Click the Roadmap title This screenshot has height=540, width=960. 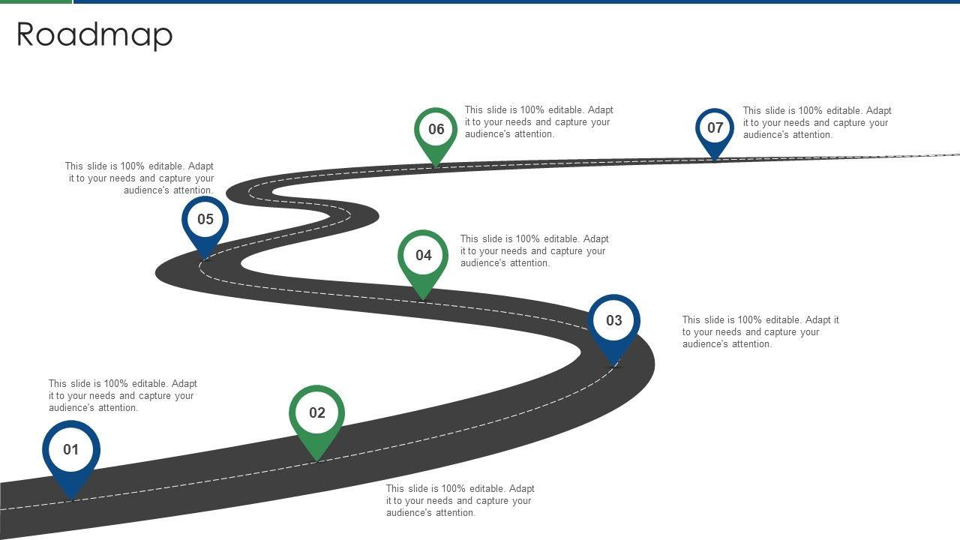click(x=94, y=34)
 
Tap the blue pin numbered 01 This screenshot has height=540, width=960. click(x=71, y=450)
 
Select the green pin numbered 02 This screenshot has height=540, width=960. click(x=317, y=413)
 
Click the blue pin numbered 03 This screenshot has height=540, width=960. click(x=613, y=321)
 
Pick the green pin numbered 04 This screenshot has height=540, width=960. click(x=423, y=256)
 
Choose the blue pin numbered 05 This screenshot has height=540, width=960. click(x=205, y=220)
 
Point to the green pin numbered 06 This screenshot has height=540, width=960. click(x=436, y=130)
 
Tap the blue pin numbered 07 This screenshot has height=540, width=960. click(x=715, y=128)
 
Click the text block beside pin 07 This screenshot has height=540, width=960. click(x=817, y=123)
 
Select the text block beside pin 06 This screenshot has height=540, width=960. click(x=538, y=122)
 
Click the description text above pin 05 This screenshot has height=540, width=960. click(x=139, y=178)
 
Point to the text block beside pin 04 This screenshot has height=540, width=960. click(x=534, y=251)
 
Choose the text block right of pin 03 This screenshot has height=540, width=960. click(x=760, y=332)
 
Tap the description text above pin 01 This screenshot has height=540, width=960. click(x=122, y=396)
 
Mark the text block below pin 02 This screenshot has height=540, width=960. click(x=460, y=501)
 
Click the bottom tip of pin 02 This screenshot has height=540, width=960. click(x=317, y=460)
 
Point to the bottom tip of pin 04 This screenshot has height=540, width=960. click(x=423, y=298)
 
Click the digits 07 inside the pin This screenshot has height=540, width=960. click(x=715, y=127)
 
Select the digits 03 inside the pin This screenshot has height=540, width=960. click(x=613, y=321)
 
